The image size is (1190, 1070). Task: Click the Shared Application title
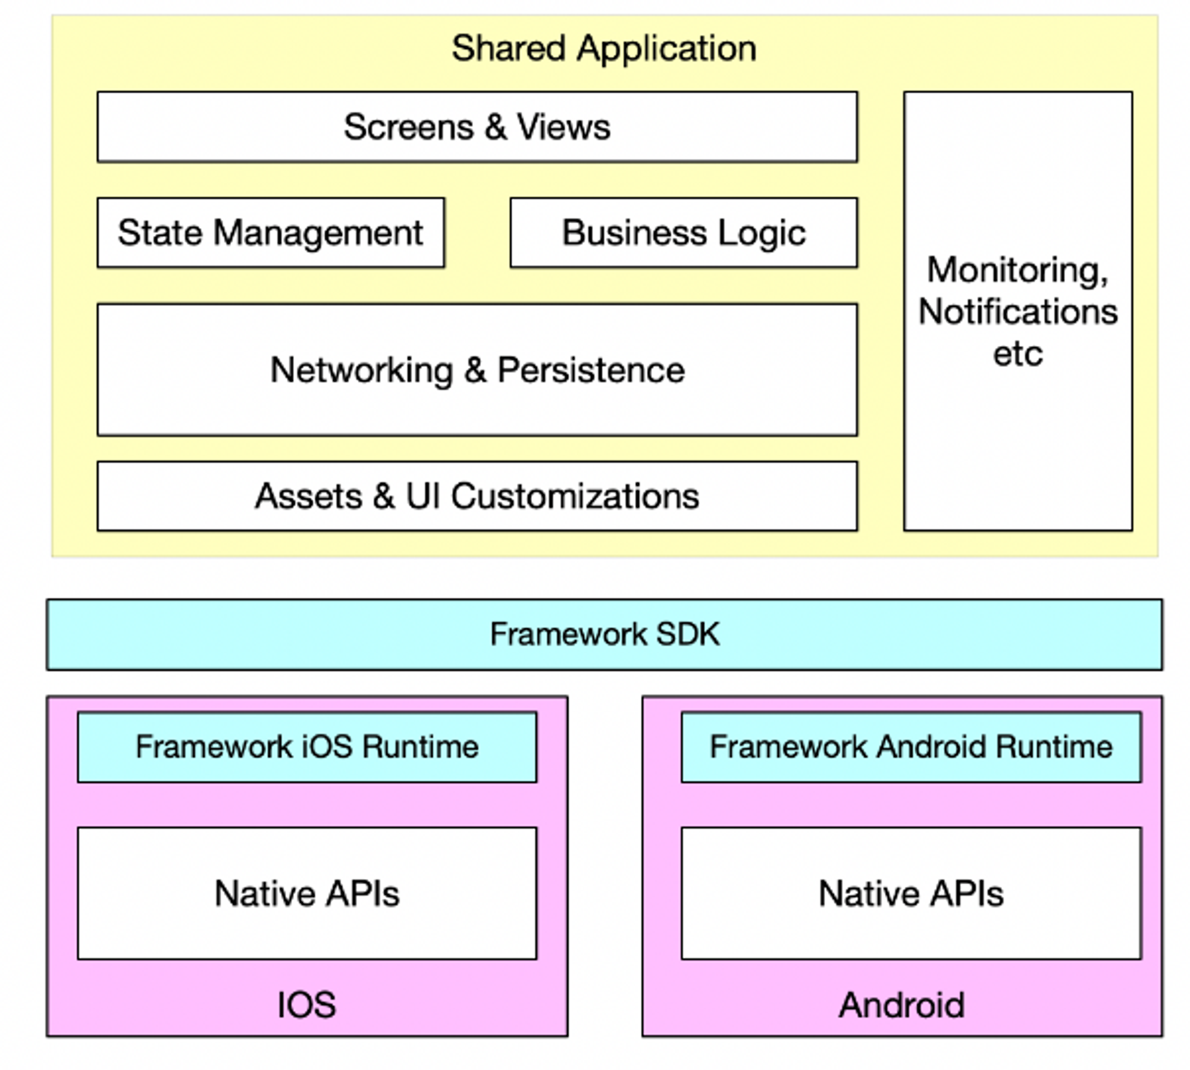click(603, 48)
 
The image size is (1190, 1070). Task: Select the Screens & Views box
click(477, 127)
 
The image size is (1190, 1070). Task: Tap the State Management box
click(271, 233)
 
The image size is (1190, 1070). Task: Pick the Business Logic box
click(684, 233)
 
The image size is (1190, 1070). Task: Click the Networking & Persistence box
click(477, 370)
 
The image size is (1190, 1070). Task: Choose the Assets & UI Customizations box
click(477, 496)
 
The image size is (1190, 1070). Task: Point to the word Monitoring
click(1017, 271)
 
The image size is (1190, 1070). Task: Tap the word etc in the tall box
click(1017, 353)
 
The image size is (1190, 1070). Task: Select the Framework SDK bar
click(604, 634)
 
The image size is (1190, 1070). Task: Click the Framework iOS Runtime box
click(307, 747)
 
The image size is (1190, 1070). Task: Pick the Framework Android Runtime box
click(911, 747)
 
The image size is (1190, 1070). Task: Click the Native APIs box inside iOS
click(307, 893)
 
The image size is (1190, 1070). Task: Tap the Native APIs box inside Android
click(911, 893)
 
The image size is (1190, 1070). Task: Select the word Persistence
click(591, 370)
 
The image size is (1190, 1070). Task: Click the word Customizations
click(575, 496)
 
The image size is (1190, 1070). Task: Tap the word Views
click(563, 127)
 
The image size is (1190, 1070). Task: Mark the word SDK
click(688, 634)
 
